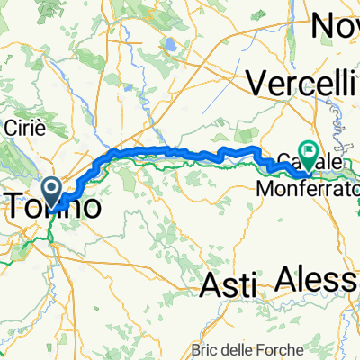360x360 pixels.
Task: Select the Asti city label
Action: tap(227, 284)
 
